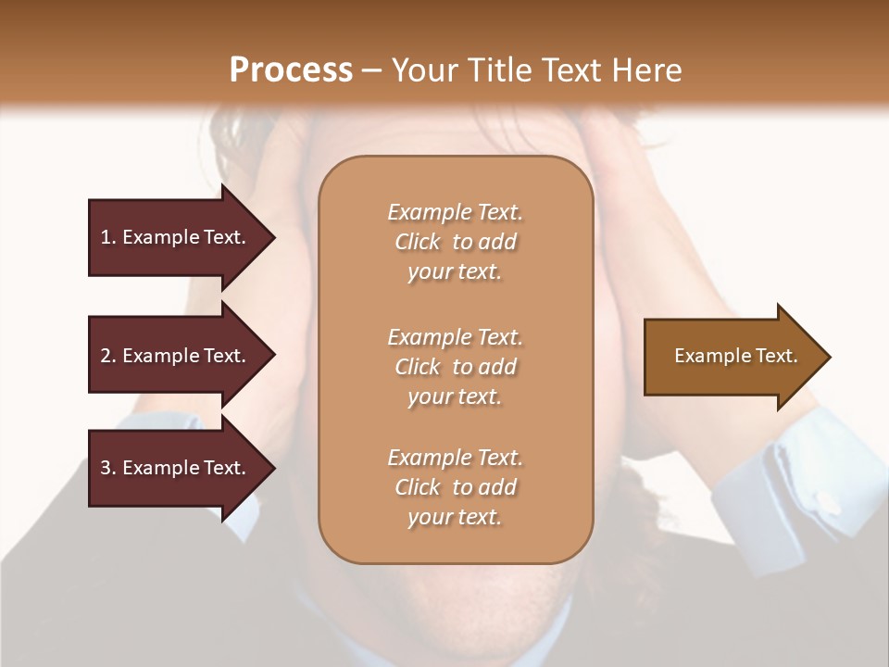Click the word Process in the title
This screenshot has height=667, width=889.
[290, 70]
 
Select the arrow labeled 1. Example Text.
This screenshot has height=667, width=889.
[176, 237]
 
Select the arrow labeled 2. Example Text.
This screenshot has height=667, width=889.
[176, 356]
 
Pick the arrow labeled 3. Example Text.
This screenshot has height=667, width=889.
[176, 468]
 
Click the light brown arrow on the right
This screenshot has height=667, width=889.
[732, 357]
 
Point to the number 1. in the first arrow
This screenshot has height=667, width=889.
[108, 237]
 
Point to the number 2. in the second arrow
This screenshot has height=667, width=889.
[108, 356]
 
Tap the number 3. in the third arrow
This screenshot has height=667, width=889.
[108, 468]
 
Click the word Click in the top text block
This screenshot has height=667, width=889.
[418, 243]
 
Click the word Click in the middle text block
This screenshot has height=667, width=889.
[418, 367]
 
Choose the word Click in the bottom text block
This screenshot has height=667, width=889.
[418, 487]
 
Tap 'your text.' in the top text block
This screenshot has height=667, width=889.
[455, 272]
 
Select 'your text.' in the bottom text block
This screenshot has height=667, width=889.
[455, 518]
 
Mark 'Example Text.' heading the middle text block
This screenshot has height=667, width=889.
[455, 337]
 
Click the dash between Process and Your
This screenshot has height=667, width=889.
[372, 70]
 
